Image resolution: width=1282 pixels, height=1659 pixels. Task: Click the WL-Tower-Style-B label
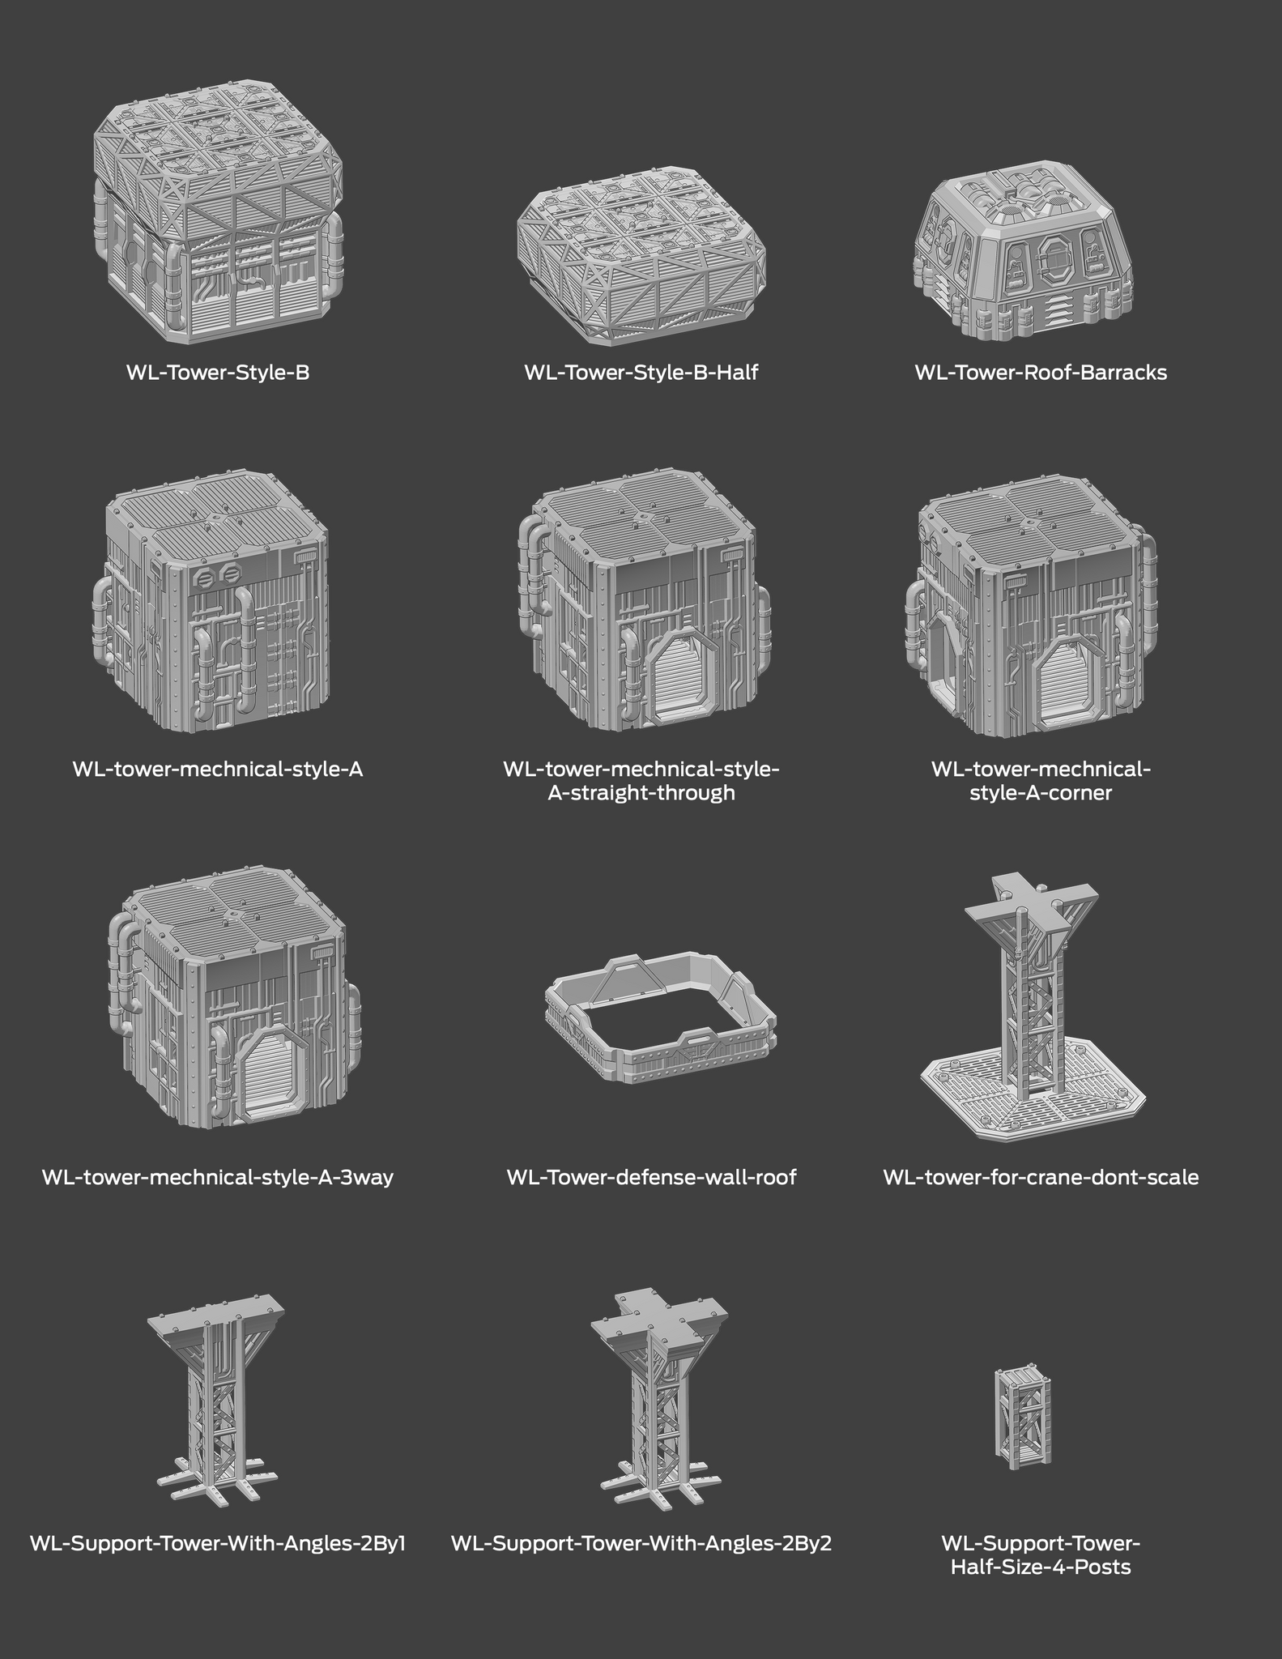[x=218, y=373]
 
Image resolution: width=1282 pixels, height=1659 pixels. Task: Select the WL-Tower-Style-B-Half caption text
[x=641, y=373]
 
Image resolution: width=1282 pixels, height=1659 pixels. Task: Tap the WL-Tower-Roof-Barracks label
[x=1041, y=373]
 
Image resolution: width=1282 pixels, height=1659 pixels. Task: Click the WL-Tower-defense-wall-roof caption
[x=651, y=1177]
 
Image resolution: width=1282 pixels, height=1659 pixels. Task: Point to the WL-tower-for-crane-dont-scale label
[x=1041, y=1177]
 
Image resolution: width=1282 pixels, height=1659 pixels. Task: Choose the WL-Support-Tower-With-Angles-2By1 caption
[x=218, y=1543]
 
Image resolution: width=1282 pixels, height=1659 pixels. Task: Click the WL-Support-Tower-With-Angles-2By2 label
[x=641, y=1543]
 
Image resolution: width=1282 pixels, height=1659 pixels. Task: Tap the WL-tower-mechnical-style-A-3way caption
[x=218, y=1177]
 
